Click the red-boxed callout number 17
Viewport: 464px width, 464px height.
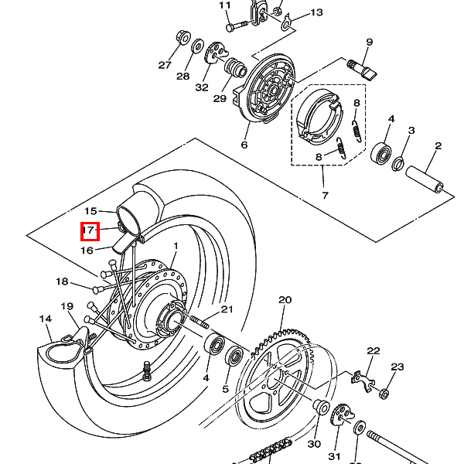[89, 230]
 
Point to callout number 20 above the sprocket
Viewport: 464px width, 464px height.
[285, 300]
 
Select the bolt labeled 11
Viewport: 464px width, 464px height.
[234, 26]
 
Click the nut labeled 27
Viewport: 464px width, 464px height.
[184, 36]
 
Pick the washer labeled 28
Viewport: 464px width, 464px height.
[197, 47]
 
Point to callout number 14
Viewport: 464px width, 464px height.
[46, 319]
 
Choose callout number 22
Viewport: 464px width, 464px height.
[374, 351]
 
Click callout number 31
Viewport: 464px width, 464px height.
[335, 455]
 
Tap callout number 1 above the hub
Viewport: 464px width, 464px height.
[176, 247]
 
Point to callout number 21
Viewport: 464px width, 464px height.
[227, 309]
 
